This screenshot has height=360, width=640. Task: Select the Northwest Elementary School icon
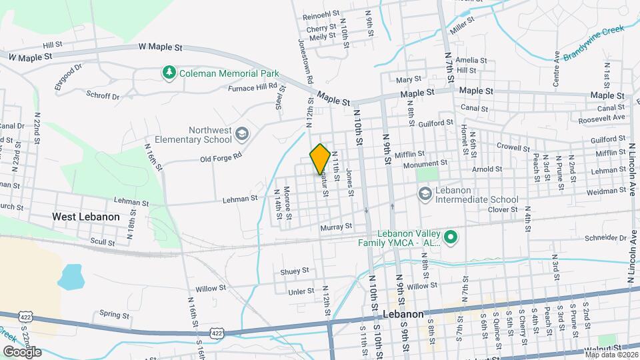coord(241,136)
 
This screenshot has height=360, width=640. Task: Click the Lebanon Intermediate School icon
coord(425,193)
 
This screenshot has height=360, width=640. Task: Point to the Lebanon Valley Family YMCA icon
coord(451,237)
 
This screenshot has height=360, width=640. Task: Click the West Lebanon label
coord(86,217)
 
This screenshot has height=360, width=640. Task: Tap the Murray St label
coord(336,227)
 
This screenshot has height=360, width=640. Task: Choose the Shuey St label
coord(295,271)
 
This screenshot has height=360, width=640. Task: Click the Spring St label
coord(113,314)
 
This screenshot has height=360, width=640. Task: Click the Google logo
coord(21,351)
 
